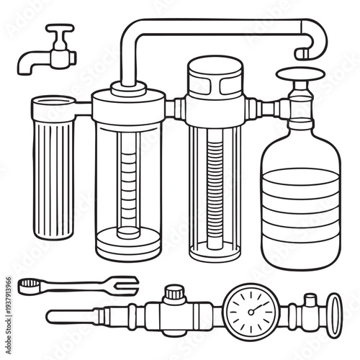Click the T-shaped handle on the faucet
tap(60, 30)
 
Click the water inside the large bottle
tap(300, 209)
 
